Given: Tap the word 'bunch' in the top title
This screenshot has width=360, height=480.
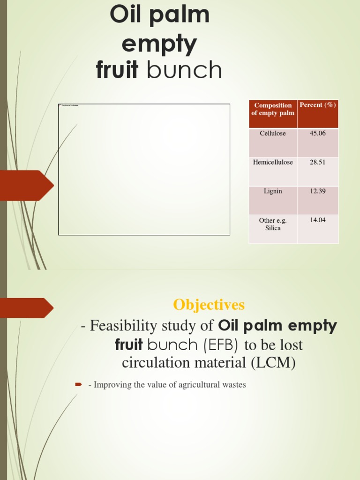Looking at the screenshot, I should tap(184, 71).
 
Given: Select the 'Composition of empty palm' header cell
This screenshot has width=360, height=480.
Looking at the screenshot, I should tap(273, 109).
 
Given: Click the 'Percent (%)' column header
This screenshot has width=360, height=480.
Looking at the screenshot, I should tap(317, 105).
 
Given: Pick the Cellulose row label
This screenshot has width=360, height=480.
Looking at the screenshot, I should tap(273, 134).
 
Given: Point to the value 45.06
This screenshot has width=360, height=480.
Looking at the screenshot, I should tap(317, 134).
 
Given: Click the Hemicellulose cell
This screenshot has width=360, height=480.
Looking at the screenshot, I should tap(273, 162).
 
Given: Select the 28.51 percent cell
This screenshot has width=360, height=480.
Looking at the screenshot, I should tap(317, 162).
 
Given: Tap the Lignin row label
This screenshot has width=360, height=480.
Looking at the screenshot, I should tap(273, 191).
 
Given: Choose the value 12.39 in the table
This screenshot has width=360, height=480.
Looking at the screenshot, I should tap(317, 191).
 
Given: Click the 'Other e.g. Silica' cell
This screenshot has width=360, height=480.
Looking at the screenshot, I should tap(273, 224).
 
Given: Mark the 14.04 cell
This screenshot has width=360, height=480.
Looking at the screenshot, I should tap(317, 220).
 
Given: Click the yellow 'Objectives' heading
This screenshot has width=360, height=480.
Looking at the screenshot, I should tap(209, 305).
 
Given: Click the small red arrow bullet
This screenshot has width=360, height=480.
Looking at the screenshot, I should tap(79, 385).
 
